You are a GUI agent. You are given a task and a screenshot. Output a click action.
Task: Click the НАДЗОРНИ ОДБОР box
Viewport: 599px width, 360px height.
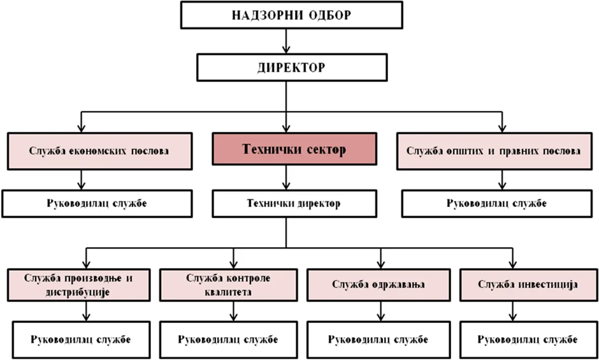click(x=291, y=15)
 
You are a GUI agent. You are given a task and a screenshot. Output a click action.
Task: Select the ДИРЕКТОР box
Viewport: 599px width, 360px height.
click(x=291, y=66)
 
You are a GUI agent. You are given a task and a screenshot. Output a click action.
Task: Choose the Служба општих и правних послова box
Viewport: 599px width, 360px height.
click(x=493, y=151)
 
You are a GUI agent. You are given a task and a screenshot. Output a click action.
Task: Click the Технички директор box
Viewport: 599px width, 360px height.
click(x=285, y=204)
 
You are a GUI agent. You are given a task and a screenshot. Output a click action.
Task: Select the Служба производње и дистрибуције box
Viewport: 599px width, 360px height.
click(x=78, y=284)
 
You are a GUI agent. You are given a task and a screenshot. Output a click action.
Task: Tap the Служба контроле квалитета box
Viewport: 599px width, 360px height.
click(x=228, y=284)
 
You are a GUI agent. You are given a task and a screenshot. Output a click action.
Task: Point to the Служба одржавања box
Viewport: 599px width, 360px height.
click(x=378, y=284)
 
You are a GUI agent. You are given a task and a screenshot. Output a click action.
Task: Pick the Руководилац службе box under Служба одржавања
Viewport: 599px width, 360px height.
click(x=378, y=338)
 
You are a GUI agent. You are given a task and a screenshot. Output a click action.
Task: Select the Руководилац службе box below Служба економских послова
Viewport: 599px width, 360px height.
click(x=100, y=204)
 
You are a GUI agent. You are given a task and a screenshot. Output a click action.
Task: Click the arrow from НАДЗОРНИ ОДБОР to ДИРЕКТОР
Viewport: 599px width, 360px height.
click(x=287, y=41)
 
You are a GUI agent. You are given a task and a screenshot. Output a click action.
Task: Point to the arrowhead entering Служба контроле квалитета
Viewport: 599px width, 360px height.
click(x=234, y=263)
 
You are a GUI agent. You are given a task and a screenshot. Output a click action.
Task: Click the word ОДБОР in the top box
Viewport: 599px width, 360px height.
click(x=328, y=15)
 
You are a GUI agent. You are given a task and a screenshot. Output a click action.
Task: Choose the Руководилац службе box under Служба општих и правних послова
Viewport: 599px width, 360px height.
click(x=493, y=204)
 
